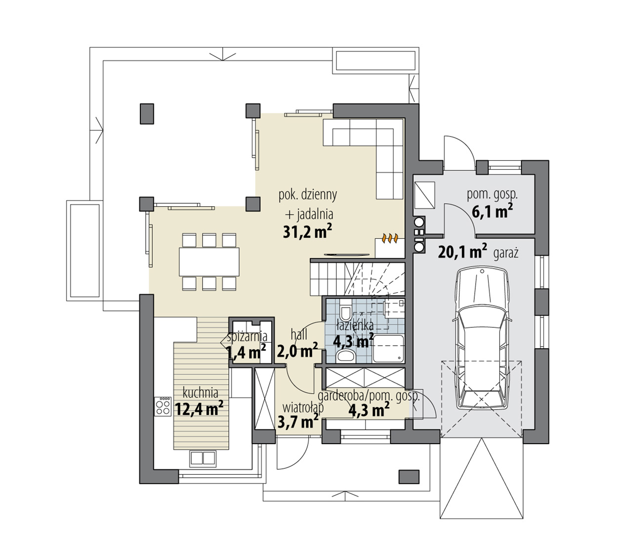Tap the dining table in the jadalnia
coord(209,262)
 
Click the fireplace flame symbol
coord(390,238)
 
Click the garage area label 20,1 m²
coord(462,252)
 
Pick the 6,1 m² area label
coord(492,212)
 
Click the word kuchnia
coord(200,392)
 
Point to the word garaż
coord(506,254)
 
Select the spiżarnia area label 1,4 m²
coord(246,352)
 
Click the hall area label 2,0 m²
coord(297,350)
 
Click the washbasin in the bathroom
coord(346,356)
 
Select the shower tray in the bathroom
coord(388,349)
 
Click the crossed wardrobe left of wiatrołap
coord(264,399)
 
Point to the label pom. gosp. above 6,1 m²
coord(492,195)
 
